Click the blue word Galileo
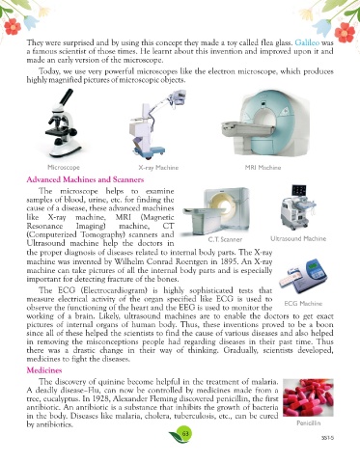(307, 42)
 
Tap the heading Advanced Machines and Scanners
(85, 179)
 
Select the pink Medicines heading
(44, 370)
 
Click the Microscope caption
(64, 168)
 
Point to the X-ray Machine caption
(158, 168)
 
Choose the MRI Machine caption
(263, 168)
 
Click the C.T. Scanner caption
(225, 239)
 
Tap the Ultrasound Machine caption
(298, 238)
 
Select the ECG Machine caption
(303, 304)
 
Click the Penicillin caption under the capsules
(308, 423)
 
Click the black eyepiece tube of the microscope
(67, 97)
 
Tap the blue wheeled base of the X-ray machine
(150, 151)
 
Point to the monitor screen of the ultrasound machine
(298, 190)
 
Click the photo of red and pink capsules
(308, 397)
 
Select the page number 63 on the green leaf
(185, 433)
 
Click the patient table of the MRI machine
(245, 128)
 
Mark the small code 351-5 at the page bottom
(328, 438)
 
